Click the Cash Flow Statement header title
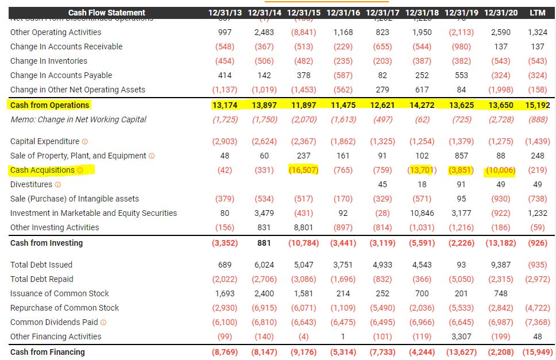click(x=107, y=13)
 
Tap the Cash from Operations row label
click(x=50, y=105)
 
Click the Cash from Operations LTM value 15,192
click(x=538, y=105)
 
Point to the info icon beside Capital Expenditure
click(x=85, y=141)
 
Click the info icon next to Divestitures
click(x=58, y=184)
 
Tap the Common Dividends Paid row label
click(x=54, y=322)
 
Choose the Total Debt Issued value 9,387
click(x=499, y=265)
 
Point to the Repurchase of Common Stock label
click(x=65, y=308)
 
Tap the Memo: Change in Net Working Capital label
click(x=78, y=119)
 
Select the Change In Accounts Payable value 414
click(x=225, y=75)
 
